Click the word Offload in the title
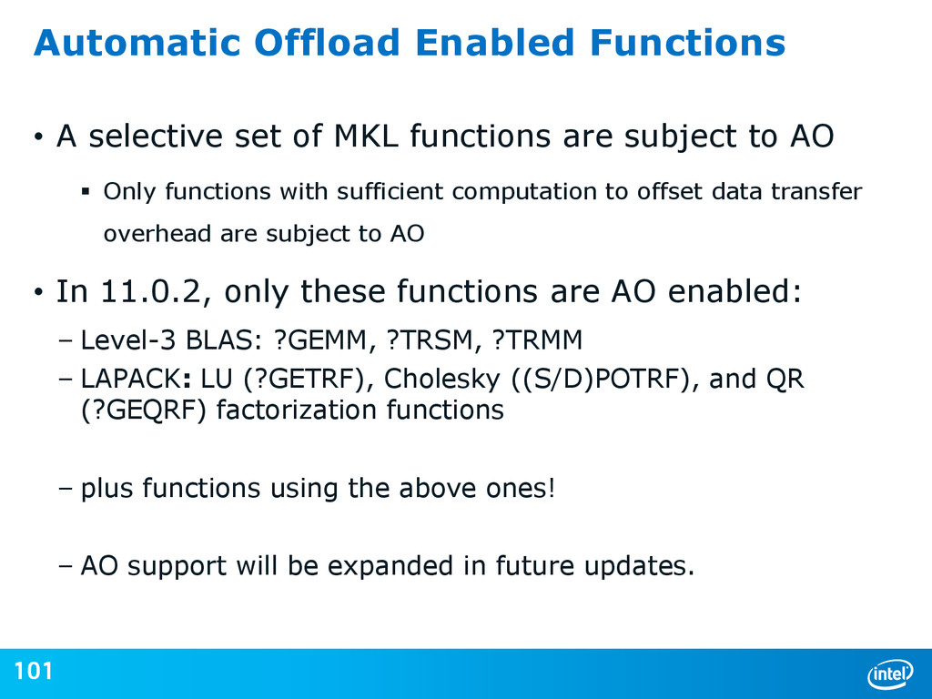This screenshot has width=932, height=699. click(x=327, y=43)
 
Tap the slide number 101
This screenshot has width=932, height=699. click(x=34, y=671)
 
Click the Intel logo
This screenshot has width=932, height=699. click(x=890, y=674)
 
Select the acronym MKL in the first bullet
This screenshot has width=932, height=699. click(x=366, y=137)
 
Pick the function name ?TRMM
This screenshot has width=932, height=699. click(x=537, y=340)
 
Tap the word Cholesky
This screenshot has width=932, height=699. click(x=441, y=380)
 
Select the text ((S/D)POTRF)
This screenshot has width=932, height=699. click(x=604, y=380)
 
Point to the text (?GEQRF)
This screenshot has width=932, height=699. click(x=143, y=410)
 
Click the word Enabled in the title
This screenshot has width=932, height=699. click(x=494, y=43)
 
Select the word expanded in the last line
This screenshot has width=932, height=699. click(x=390, y=566)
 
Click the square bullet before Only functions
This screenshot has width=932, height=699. click(x=86, y=191)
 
